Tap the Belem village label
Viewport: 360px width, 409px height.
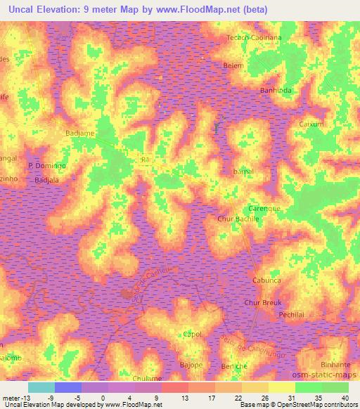click(x=233, y=65)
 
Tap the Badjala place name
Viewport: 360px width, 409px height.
click(x=46, y=180)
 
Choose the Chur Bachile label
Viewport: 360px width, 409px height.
click(x=238, y=219)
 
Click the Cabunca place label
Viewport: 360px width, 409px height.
click(x=267, y=280)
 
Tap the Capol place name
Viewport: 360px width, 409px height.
click(x=193, y=334)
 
